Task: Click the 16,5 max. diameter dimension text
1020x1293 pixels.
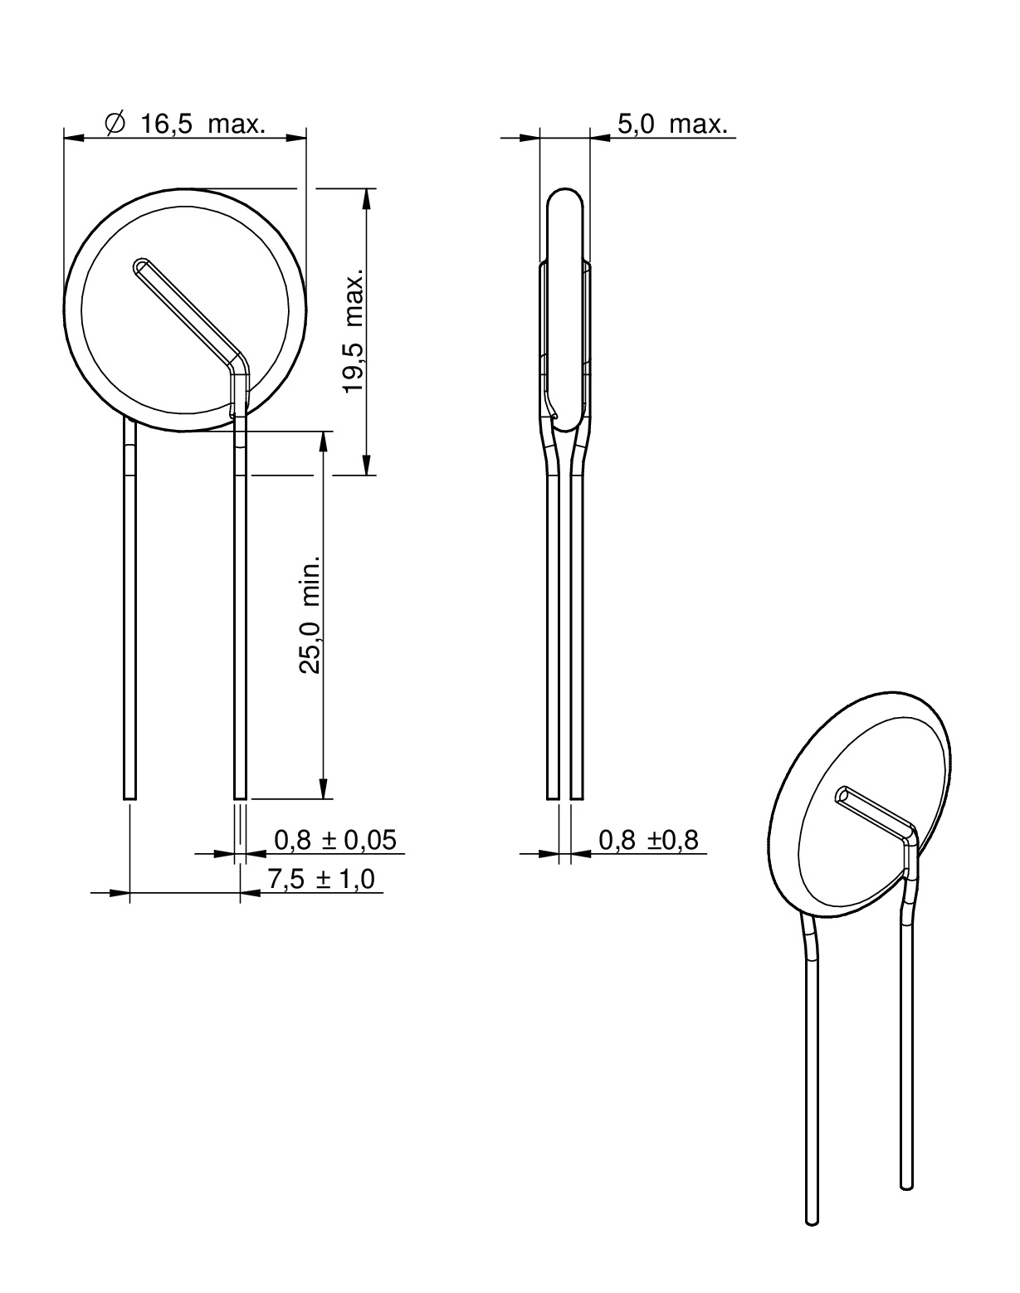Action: click(203, 124)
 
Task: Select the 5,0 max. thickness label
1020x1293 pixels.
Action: click(672, 124)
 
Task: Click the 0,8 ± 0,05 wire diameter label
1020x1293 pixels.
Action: click(335, 840)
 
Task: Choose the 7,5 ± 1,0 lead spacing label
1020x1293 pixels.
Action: click(321, 879)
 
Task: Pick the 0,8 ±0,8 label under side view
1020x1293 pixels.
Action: click(648, 840)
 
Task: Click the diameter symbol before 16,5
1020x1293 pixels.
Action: click(115, 124)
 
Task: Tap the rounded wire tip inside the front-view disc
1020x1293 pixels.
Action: click(142, 266)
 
